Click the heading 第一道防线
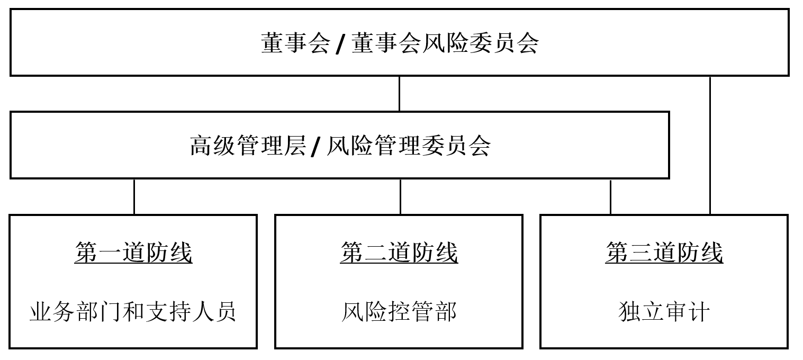133,253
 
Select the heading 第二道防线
399,253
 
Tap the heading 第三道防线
664,253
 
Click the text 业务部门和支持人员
133,311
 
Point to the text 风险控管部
399,311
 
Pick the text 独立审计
664,311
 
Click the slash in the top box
340,43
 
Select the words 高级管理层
248,146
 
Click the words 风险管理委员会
409,146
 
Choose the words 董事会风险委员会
445,43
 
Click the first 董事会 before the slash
295,43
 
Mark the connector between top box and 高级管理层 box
399,94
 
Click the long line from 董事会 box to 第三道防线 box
710,146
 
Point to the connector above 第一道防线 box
134,197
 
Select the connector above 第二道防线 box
400,197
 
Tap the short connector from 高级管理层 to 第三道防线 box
610,197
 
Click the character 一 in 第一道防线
110,253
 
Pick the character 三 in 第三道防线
640,253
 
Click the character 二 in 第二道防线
375,253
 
